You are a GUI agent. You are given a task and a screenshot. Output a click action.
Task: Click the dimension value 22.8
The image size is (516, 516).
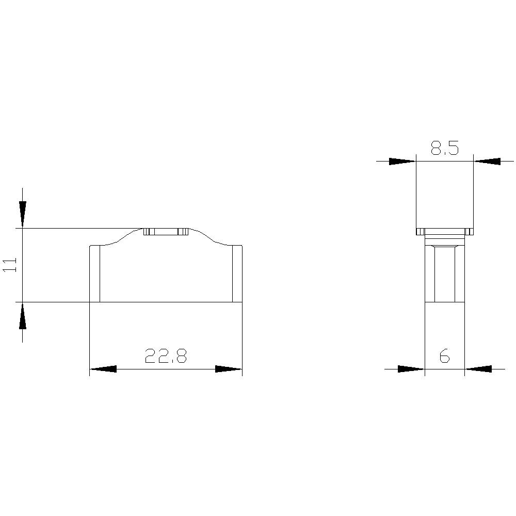point(165,356)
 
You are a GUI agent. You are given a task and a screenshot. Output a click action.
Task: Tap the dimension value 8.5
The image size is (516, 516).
point(444,149)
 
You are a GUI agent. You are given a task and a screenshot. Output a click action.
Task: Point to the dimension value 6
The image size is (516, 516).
point(444,356)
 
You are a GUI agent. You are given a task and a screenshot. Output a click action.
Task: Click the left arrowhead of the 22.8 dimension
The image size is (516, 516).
point(103,369)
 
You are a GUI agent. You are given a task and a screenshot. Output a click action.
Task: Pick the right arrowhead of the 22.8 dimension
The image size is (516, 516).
point(229,369)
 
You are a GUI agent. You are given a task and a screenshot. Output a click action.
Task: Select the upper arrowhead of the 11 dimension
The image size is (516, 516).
point(22,212)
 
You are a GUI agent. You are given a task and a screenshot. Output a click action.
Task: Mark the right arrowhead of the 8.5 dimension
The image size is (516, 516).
point(487,161)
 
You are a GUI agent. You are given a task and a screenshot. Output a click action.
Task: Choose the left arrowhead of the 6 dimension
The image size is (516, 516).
point(411,368)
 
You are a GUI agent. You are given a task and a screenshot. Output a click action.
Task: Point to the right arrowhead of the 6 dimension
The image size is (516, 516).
point(478,368)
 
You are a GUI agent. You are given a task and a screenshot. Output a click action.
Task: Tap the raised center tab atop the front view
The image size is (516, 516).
point(166,232)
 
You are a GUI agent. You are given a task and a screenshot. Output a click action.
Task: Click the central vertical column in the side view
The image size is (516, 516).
point(444,273)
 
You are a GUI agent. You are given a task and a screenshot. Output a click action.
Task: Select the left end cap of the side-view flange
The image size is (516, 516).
point(420,231)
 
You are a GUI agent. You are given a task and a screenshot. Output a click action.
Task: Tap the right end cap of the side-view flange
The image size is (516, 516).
point(469,231)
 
